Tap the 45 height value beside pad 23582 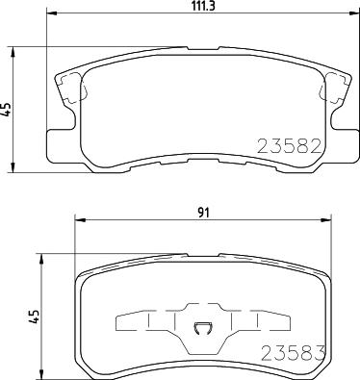pyautogui.click(x=9, y=110)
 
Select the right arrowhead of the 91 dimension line pyautogui.click(x=324, y=221)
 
